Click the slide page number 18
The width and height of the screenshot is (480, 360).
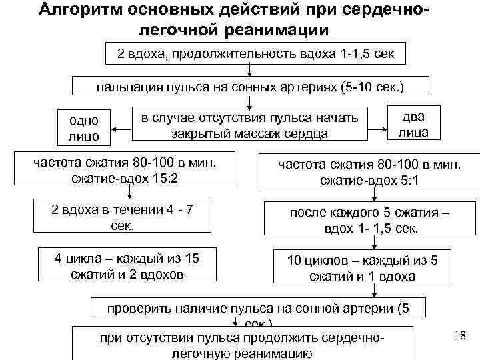point(459,335)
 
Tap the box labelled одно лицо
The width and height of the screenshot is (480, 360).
point(84,127)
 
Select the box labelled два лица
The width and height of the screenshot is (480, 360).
point(413,124)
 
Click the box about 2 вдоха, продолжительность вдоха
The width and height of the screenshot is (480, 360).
point(256,54)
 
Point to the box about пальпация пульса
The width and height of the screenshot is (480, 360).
point(249,87)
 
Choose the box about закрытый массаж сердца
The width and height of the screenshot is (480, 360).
point(250,125)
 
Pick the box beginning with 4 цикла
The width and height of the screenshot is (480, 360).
point(126,265)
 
